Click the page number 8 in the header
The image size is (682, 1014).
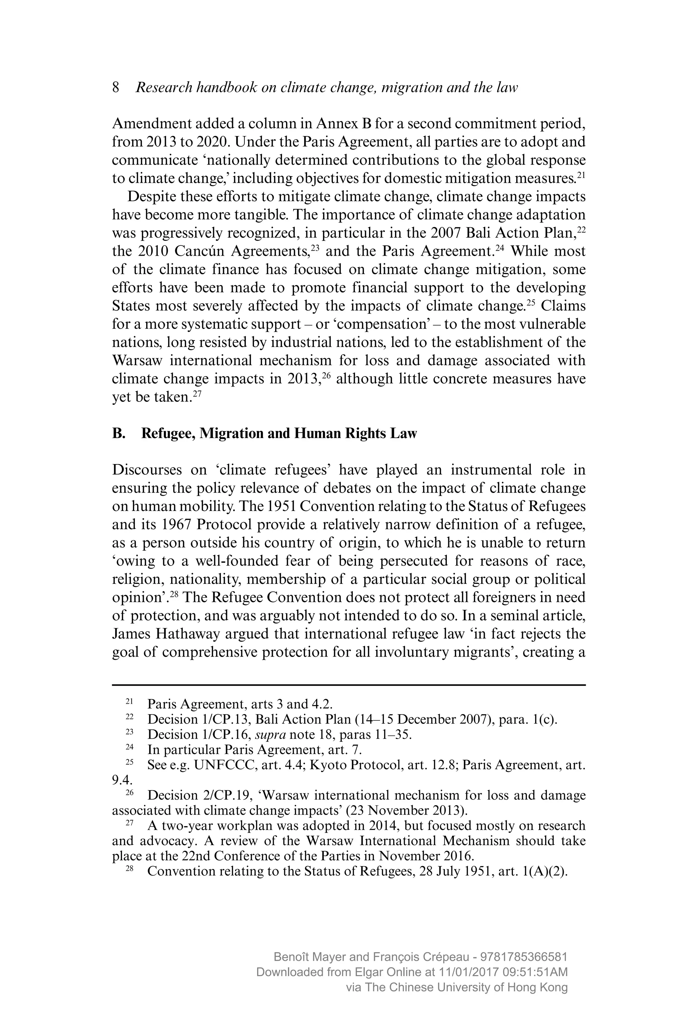(116, 88)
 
